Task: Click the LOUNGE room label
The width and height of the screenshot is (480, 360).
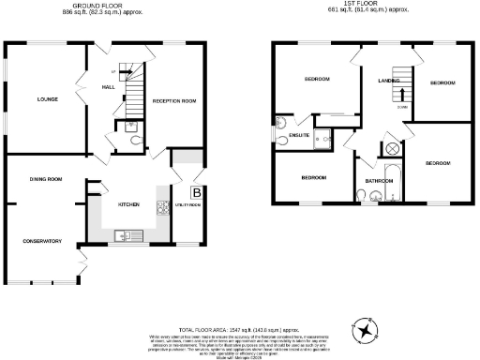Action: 48,98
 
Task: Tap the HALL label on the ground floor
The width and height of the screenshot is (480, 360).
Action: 109,88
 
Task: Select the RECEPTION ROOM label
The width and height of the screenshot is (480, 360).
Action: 173,99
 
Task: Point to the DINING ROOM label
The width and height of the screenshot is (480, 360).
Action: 44,178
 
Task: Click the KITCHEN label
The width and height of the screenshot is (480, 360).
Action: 127,202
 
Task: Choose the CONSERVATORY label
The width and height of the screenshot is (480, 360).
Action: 43,241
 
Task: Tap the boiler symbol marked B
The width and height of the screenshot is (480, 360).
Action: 196,193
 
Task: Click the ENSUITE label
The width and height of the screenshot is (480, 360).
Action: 299,136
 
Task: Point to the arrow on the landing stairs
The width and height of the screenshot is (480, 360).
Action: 402,93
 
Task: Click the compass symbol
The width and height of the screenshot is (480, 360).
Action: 363,330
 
